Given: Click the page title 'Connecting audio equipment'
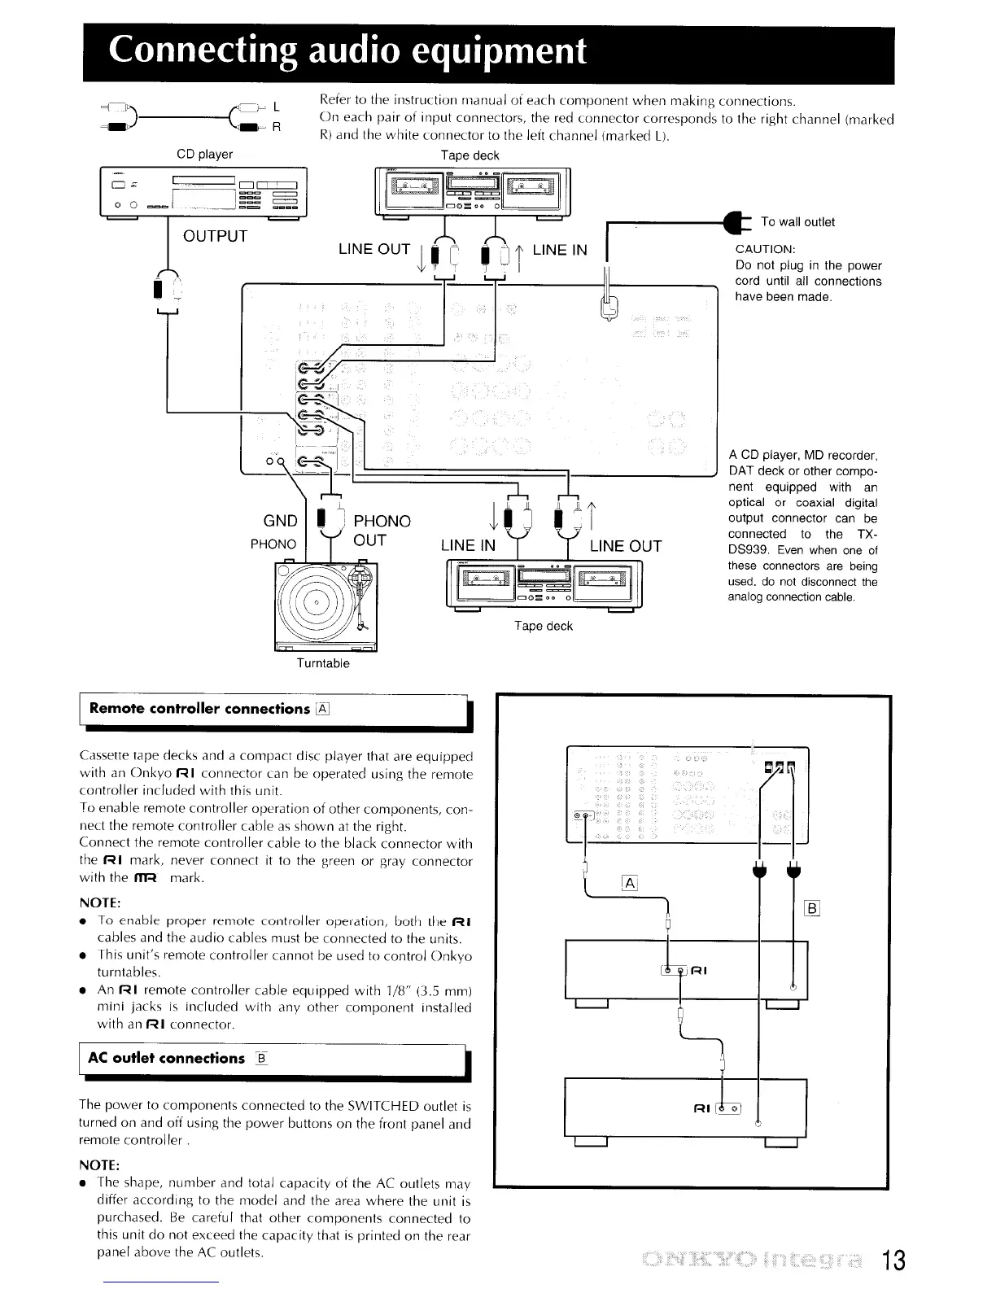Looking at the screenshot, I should (347, 50).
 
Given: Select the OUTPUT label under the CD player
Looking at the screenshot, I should (215, 237).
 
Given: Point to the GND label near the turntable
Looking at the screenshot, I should (281, 522).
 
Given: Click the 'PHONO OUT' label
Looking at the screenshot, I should (382, 531).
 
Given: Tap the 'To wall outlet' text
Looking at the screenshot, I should (797, 222).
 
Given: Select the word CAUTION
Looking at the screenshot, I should (765, 249).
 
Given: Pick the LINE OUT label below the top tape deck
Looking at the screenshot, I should (373, 250).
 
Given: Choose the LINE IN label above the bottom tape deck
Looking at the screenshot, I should (468, 546).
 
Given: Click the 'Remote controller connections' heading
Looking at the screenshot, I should (200, 709).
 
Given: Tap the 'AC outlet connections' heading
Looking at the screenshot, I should (166, 1059).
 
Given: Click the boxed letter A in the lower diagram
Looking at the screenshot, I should (629, 884).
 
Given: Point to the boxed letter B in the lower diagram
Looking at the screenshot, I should (811, 909).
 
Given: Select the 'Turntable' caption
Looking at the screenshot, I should (323, 664).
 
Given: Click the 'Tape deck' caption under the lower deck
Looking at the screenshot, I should (543, 627).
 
